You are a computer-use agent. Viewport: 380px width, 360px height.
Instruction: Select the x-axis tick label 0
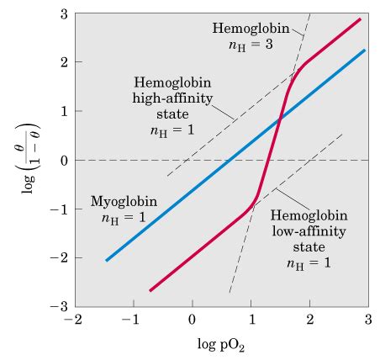[x=192, y=320]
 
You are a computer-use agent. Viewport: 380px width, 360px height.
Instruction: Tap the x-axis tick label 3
[x=368, y=320]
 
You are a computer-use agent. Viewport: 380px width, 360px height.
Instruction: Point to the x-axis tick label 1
[x=251, y=320]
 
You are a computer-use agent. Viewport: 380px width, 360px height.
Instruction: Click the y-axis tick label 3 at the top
[x=64, y=15]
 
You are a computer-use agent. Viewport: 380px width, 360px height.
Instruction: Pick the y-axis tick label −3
[x=61, y=307]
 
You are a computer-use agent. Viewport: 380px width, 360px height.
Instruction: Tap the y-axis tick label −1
[x=61, y=209]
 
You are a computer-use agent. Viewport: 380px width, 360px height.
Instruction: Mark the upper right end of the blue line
[x=365, y=50]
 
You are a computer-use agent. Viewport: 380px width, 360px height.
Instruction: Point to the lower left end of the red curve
[x=150, y=291]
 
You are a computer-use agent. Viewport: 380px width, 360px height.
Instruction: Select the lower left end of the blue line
[x=106, y=261]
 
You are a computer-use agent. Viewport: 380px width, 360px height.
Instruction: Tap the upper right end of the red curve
[x=361, y=19]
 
